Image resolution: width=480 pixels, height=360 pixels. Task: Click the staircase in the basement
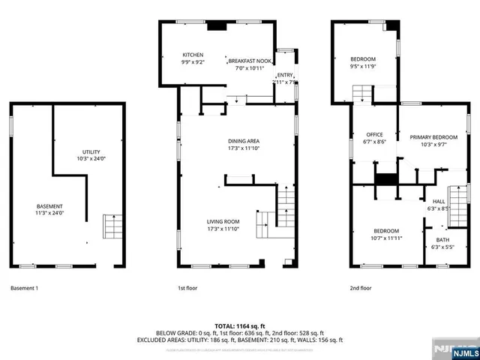pyautogui.click(x=113, y=226)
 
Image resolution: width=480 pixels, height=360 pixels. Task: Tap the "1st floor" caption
pyautogui.click(x=187, y=288)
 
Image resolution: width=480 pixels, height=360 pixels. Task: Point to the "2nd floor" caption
pyautogui.click(x=361, y=288)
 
